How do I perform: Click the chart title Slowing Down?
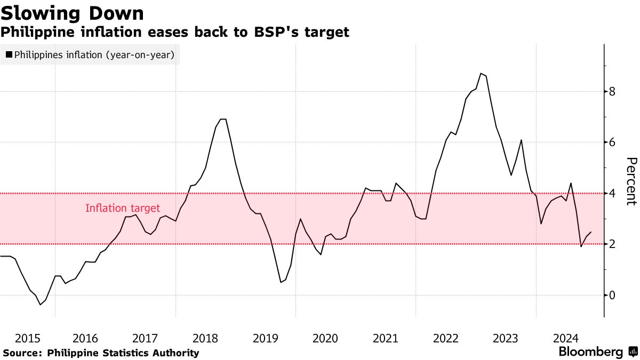[72, 12]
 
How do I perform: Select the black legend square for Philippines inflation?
[9, 54]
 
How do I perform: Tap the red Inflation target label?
[123, 209]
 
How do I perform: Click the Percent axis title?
[631, 181]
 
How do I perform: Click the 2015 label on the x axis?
[28, 338]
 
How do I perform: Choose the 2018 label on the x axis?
[205, 338]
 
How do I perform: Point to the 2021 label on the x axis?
[386, 338]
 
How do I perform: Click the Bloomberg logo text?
[590, 352]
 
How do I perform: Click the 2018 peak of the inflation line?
[223, 119]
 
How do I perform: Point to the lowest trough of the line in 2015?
[40, 305]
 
